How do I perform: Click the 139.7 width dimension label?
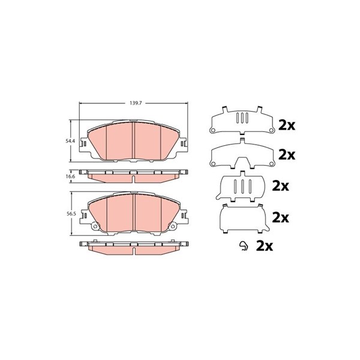(136, 103)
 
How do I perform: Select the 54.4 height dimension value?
(70, 141)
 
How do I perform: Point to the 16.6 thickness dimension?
(70, 176)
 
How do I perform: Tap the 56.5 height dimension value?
(70, 213)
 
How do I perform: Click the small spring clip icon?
(243, 246)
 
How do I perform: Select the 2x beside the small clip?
(265, 246)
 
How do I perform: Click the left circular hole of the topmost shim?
(212, 130)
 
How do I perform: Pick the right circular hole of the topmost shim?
(271, 130)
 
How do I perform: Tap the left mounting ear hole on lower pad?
(95, 227)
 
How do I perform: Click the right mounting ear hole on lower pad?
(173, 227)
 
